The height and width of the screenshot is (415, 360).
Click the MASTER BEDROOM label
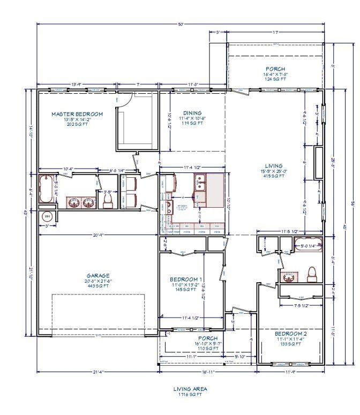[x=77, y=114]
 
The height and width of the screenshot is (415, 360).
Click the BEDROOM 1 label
[x=186, y=280]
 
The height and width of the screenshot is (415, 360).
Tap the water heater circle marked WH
[x=47, y=216]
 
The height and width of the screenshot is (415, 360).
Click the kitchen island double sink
[x=200, y=185]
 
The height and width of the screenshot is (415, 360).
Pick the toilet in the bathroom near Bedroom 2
[x=311, y=274]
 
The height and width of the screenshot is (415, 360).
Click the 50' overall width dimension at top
[x=181, y=24]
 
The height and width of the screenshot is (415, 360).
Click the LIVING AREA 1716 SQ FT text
[x=190, y=391]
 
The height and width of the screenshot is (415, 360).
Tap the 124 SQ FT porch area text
[x=275, y=79]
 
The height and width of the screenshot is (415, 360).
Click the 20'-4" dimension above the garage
[x=99, y=235]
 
